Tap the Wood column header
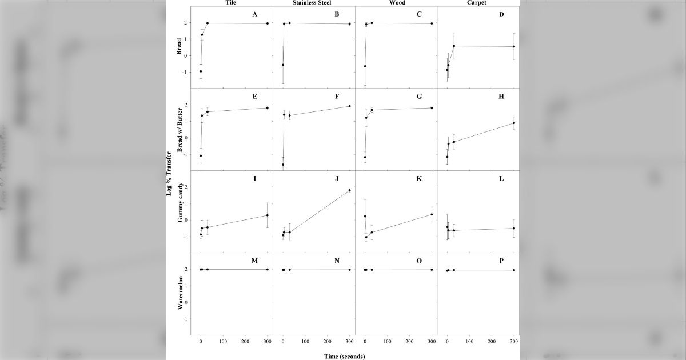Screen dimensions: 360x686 click(397, 3)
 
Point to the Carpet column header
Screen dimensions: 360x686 click(480, 3)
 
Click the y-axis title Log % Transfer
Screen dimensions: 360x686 click(170, 171)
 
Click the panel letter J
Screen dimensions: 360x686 click(337, 179)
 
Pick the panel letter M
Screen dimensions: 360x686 click(254, 261)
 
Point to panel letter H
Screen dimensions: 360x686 click(501, 97)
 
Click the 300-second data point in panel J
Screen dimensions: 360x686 click(349, 190)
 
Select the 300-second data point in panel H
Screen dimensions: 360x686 click(514, 123)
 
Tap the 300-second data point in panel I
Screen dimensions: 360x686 click(268, 215)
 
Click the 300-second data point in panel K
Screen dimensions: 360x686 click(432, 214)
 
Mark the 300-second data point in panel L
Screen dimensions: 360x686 click(514, 229)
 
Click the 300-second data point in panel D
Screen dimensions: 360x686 click(514, 46)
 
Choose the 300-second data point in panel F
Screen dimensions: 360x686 click(349, 106)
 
